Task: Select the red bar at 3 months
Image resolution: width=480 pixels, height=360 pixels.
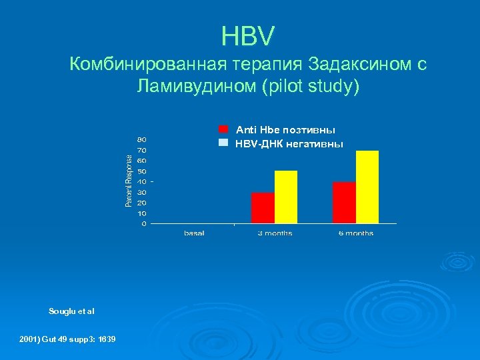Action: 263,208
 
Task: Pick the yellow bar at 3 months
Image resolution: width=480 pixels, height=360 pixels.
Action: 286,197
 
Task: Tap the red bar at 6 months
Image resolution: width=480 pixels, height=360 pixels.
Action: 344,203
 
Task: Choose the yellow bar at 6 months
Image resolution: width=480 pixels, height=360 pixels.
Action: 367,187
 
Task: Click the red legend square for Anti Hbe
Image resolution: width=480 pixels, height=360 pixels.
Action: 223,129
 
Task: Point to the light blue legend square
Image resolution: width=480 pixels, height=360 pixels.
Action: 223,143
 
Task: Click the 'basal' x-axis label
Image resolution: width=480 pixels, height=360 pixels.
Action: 194,233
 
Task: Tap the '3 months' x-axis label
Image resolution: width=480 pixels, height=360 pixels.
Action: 275,233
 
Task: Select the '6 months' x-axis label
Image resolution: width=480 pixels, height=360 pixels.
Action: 356,233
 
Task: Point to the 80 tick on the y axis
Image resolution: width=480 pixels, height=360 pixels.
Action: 143,139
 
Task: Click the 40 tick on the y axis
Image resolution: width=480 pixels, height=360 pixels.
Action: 143,181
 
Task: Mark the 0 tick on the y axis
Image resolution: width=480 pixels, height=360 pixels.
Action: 144,224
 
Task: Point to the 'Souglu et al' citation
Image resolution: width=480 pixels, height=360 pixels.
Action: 72,311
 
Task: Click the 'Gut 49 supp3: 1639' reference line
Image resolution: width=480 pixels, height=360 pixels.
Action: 79,339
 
